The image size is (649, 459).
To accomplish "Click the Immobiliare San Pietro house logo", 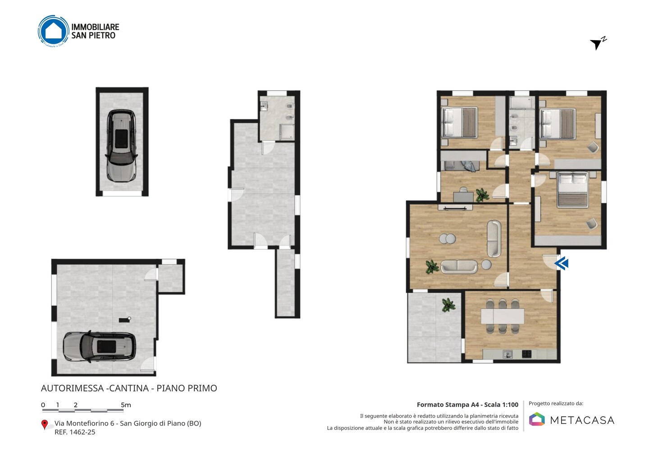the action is (53, 31).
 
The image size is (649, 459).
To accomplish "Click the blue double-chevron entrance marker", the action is (561, 263).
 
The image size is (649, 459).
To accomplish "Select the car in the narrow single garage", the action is (121, 145).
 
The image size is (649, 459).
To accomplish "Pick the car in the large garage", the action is (99, 347).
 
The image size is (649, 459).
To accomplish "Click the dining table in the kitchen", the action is (503, 316).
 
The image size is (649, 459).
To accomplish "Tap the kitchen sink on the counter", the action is (507, 354).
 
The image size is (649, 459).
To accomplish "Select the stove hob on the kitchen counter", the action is (527, 354).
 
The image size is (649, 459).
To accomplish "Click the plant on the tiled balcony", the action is (448, 305).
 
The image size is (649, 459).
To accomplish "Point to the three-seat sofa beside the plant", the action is (459, 266).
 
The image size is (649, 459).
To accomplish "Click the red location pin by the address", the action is (45, 425).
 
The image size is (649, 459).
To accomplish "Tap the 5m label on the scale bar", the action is (126, 405).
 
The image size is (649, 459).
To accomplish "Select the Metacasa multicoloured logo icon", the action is (537, 419).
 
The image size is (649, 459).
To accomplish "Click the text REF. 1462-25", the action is (75, 432).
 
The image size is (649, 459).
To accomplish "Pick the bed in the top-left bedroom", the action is (459, 123).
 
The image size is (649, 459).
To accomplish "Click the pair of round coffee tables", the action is (448, 239).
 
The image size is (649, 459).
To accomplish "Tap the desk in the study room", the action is (463, 197).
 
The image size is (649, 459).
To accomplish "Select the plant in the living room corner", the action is (432, 266).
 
